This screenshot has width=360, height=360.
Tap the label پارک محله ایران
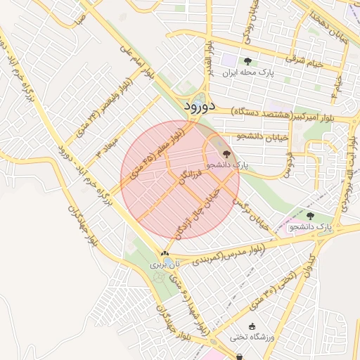pyautogui.click(x=247, y=72)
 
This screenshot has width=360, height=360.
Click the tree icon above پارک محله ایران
pyautogui.click(x=247, y=61)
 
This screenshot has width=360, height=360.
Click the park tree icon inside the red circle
pyautogui.click(x=226, y=153)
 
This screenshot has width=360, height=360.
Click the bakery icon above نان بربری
pyautogui.click(x=165, y=254)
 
